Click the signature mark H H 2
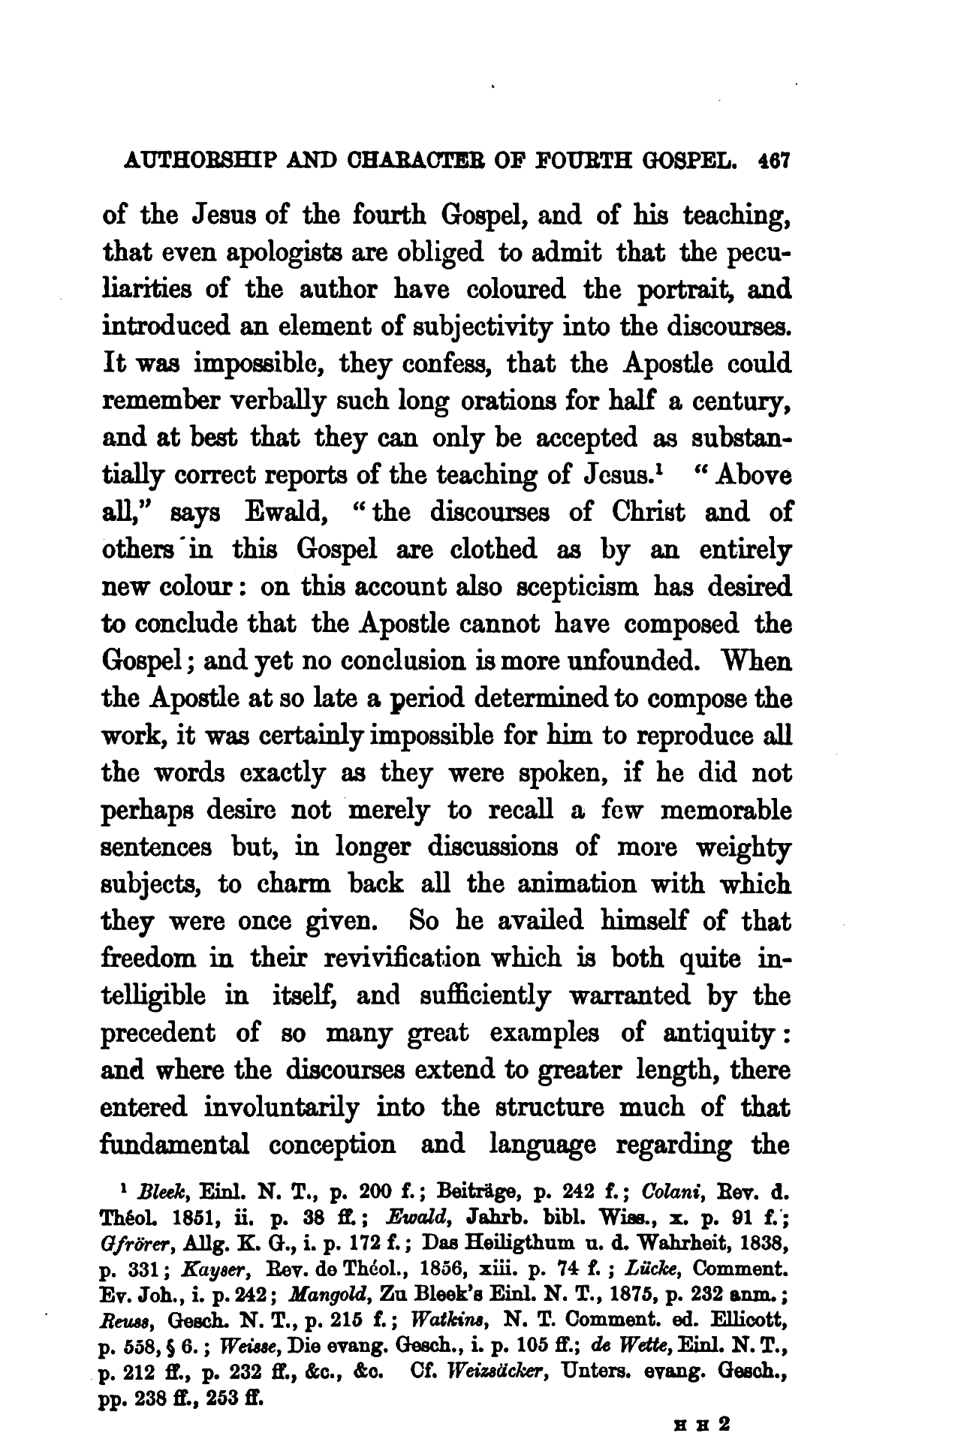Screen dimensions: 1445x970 click(707, 1422)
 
